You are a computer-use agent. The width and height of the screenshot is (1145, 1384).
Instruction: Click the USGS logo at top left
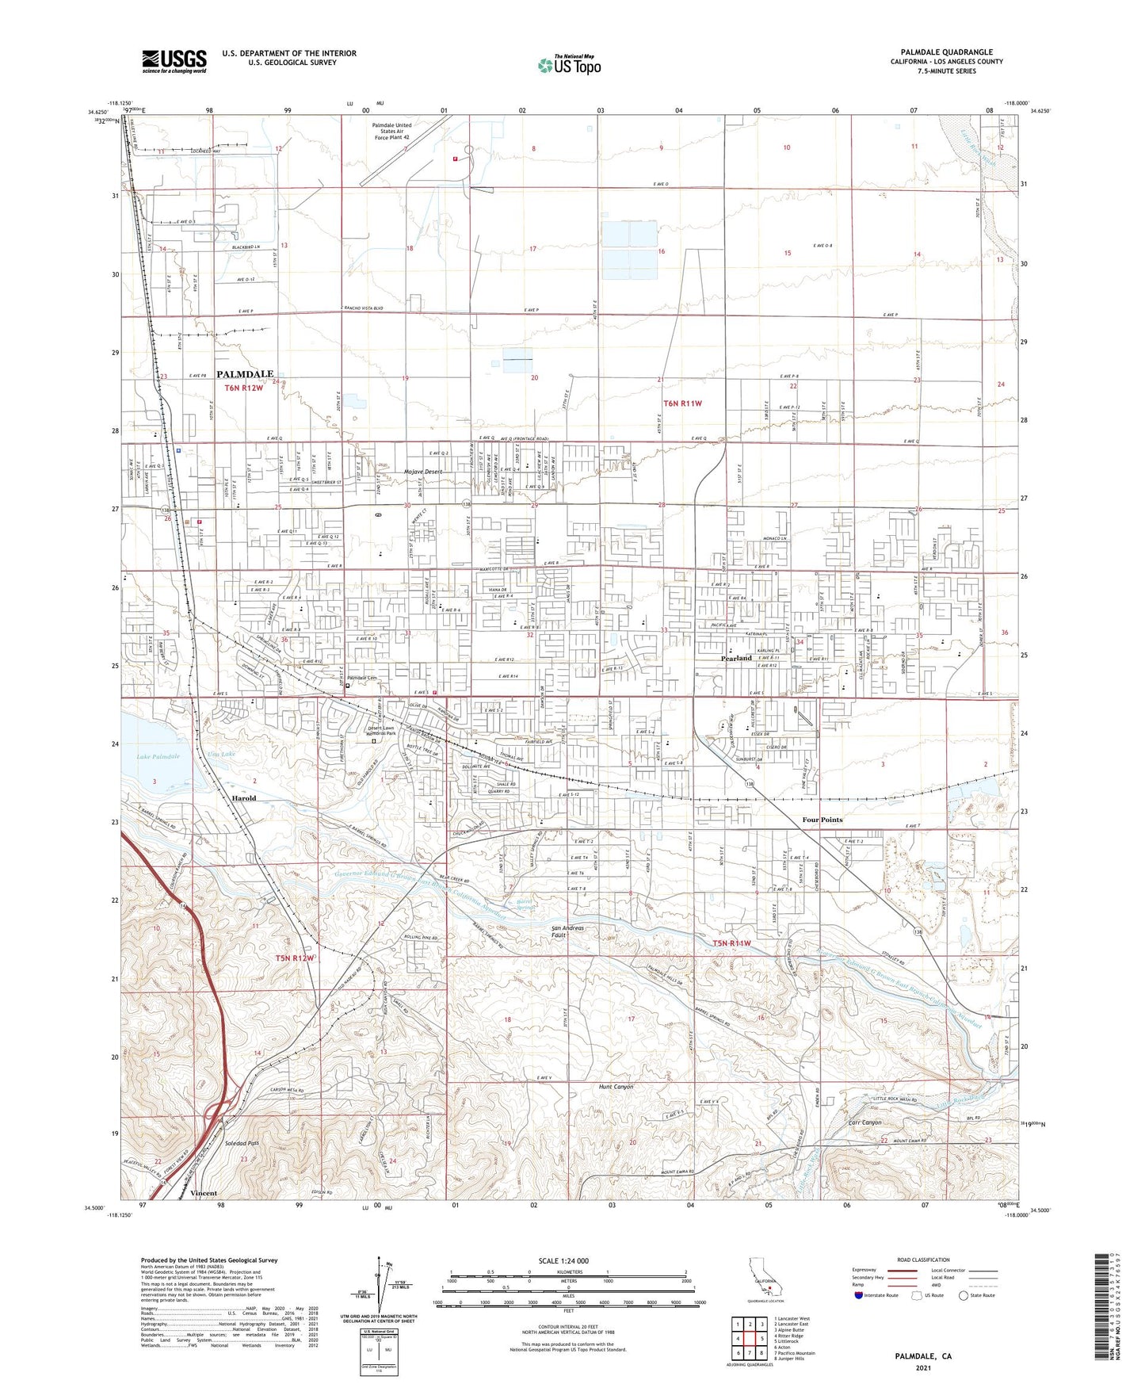(x=174, y=60)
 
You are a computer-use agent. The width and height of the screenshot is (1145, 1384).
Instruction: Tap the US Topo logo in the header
(x=569, y=65)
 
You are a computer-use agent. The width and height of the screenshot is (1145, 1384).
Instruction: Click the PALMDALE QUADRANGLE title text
(x=946, y=52)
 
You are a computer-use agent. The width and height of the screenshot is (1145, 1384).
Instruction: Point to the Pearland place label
(x=736, y=658)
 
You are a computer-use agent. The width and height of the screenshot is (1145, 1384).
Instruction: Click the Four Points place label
(x=822, y=820)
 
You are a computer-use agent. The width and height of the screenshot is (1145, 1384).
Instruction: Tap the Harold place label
(x=243, y=798)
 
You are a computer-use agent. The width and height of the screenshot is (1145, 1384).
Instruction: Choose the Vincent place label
(x=204, y=1193)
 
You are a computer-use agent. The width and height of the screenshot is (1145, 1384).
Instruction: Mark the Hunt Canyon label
(x=616, y=1087)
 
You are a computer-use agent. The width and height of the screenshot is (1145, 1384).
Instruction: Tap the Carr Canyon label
(x=864, y=1122)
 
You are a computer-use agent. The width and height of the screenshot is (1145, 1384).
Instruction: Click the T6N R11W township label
(x=682, y=403)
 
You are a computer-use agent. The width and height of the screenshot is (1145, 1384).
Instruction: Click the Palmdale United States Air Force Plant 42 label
(x=391, y=132)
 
